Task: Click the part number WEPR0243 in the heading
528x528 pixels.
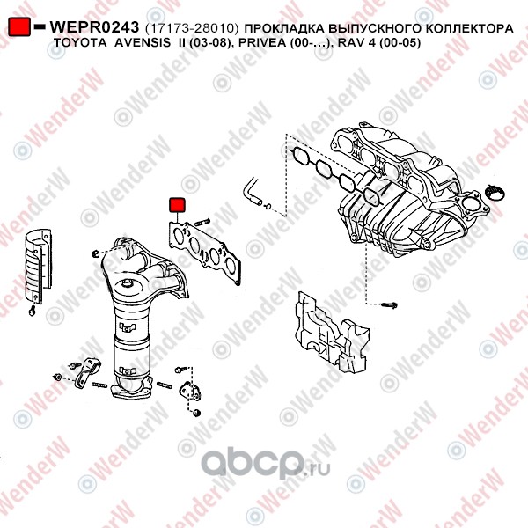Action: [x=94, y=27]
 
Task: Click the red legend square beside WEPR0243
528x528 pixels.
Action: [x=19, y=27]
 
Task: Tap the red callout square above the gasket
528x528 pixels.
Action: [x=177, y=205]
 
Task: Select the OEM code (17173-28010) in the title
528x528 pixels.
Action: [x=192, y=28]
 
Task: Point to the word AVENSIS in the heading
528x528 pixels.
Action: [x=143, y=43]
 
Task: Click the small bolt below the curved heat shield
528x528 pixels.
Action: [x=33, y=312]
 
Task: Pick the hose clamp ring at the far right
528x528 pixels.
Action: [x=495, y=193]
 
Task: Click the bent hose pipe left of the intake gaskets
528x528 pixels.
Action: [x=252, y=192]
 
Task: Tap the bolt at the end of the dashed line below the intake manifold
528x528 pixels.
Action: [x=389, y=305]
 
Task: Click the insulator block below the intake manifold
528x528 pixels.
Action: [x=332, y=333]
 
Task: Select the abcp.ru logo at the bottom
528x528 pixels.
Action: [x=266, y=465]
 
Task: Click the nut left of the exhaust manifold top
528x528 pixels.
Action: [x=95, y=253]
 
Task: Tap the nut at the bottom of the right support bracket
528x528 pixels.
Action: [x=197, y=412]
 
